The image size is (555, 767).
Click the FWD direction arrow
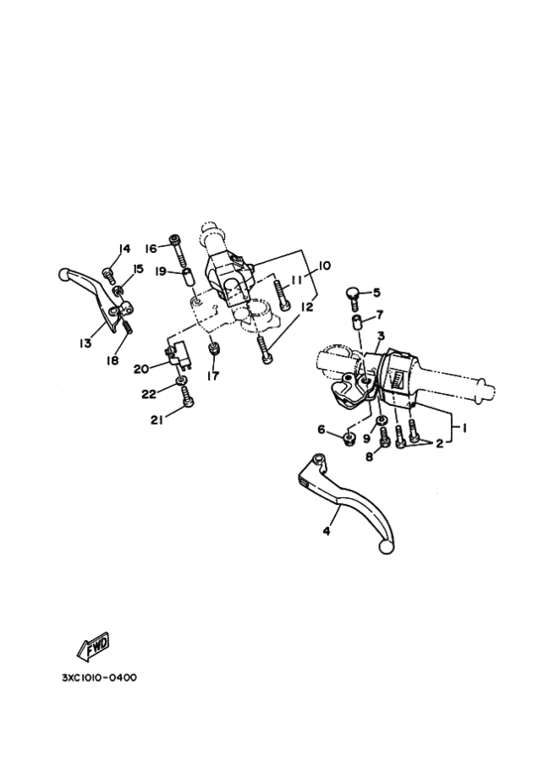(93, 647)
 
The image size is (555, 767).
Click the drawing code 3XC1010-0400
(99, 678)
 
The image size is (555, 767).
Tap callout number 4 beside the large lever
(326, 531)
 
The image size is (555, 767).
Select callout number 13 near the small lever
(85, 343)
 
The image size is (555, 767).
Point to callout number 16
(151, 248)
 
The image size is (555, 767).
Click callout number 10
(324, 266)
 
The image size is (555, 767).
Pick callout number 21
(157, 420)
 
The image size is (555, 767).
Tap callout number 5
(377, 293)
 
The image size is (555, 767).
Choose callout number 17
(213, 376)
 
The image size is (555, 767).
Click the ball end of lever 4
(386, 547)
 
